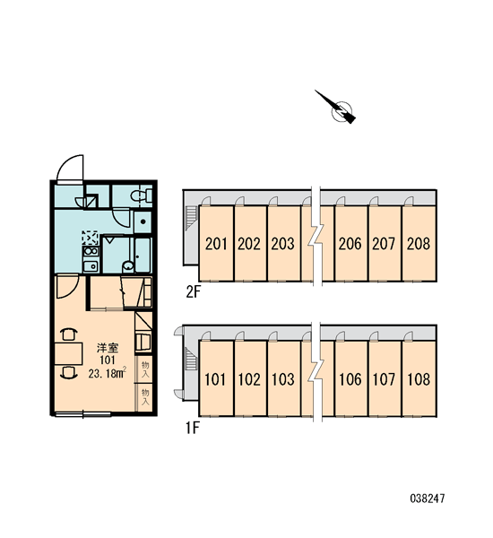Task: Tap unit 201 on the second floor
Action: pos(216,243)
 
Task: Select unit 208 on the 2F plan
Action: pos(419,243)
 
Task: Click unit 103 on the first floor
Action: pos(283,378)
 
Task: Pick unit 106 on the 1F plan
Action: pos(350,378)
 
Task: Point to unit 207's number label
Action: pos(384,244)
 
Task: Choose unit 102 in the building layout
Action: pos(250,378)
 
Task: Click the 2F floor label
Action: pos(193,292)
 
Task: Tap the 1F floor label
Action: pos(193,428)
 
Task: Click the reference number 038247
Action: pos(428,499)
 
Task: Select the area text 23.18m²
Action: pos(108,373)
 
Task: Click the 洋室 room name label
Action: pos(108,348)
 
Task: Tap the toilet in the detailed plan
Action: pos(142,195)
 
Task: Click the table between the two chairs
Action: pos(69,353)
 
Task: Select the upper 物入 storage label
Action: pos(145,369)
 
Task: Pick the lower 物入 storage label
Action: pos(145,397)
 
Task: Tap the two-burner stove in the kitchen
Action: pos(91,251)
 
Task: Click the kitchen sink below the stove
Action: pos(91,265)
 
